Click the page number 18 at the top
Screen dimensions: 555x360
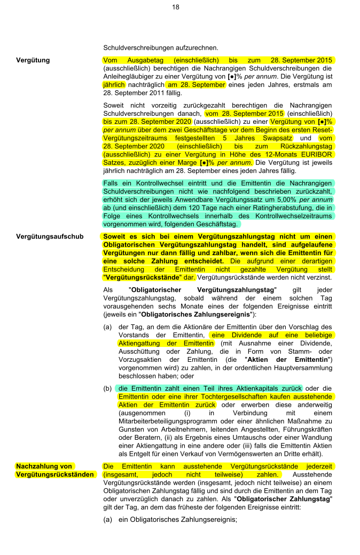pos(176,7)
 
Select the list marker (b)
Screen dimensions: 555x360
pos(108,388)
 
